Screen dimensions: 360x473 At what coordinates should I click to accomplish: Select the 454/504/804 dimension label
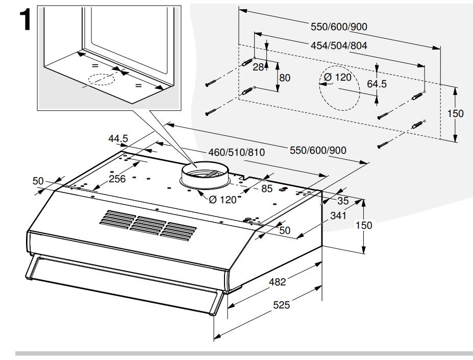tap(339, 45)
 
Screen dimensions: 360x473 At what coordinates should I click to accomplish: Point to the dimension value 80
tap(285, 78)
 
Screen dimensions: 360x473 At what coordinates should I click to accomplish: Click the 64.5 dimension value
tap(377, 84)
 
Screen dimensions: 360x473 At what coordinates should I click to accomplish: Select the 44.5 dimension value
tap(118, 138)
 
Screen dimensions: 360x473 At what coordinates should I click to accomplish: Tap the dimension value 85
tap(266, 188)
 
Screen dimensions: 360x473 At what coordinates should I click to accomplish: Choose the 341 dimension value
tap(338, 216)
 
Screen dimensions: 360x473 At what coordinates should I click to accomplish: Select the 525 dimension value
tap(281, 305)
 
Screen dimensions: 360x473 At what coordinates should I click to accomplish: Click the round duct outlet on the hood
tap(204, 175)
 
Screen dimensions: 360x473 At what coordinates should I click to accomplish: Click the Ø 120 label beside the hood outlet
tap(222, 200)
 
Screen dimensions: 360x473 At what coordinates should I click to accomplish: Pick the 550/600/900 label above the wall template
tap(339, 27)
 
